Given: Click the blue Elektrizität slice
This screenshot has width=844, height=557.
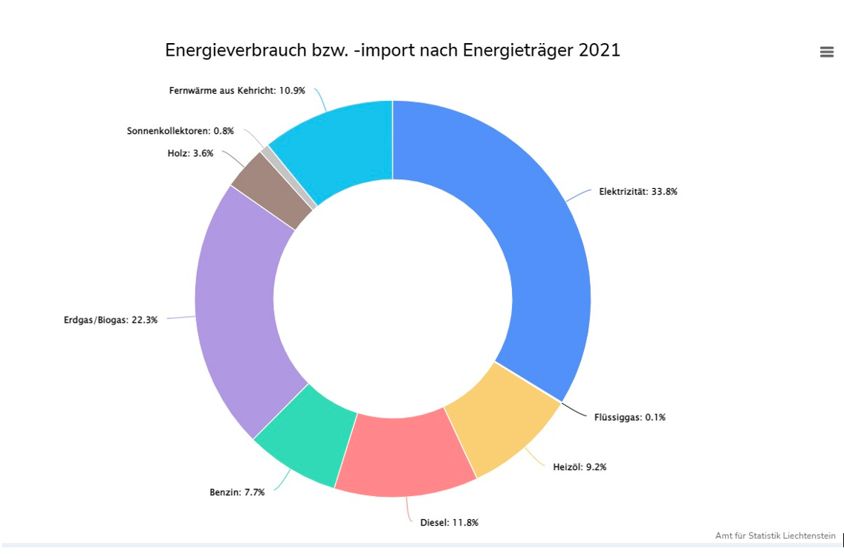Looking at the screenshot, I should (x=520, y=223).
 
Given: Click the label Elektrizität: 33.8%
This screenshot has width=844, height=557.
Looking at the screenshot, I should (x=638, y=192).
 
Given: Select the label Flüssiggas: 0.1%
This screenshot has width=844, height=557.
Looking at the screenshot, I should (x=629, y=417).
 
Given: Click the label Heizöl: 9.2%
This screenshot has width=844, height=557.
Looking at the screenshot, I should (x=580, y=467).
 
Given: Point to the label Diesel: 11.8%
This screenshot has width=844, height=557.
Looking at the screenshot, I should (x=449, y=523).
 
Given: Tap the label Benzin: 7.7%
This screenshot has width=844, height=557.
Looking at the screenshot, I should (x=237, y=492).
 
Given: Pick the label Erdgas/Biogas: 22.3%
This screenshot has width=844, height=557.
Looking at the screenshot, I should (x=111, y=321).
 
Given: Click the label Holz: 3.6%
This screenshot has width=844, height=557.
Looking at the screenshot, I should (x=189, y=154).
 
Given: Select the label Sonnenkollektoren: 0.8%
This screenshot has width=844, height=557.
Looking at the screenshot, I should (x=181, y=131).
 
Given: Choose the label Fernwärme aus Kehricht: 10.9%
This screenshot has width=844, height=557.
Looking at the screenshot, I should (x=237, y=91).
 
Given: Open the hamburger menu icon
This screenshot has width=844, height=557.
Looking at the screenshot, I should (x=827, y=51).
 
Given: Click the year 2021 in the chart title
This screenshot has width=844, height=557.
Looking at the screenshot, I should (x=599, y=51).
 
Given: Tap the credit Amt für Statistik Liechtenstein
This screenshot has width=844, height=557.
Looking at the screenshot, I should (x=775, y=535).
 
